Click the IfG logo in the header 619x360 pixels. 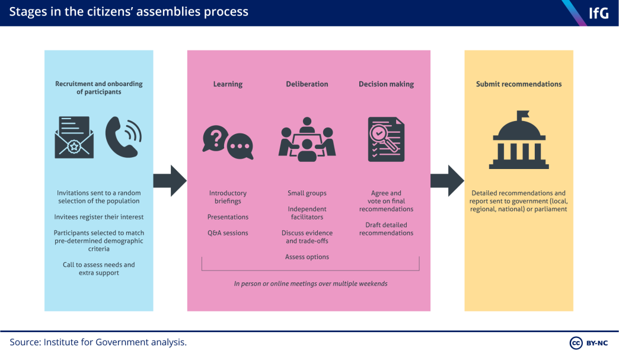coord(598,13)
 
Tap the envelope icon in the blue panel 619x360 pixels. coord(74,137)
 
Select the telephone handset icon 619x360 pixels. coord(123,136)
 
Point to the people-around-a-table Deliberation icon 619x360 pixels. coord(307,140)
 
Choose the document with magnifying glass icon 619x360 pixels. coord(386,139)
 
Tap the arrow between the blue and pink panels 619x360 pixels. coord(170,181)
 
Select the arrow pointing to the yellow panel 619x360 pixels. coord(447,181)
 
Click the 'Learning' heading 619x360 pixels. coord(228,84)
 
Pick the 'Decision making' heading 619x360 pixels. coord(386,84)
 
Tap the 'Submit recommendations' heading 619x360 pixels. coord(519,84)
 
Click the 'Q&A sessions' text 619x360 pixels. coord(228,233)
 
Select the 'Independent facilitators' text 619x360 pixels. coord(307,213)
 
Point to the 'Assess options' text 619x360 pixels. coord(307,257)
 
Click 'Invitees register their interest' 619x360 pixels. coord(99,217)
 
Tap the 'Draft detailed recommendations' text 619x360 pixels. coord(386,229)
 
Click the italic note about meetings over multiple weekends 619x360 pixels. coord(310,283)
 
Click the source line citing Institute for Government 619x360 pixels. coord(98,342)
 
